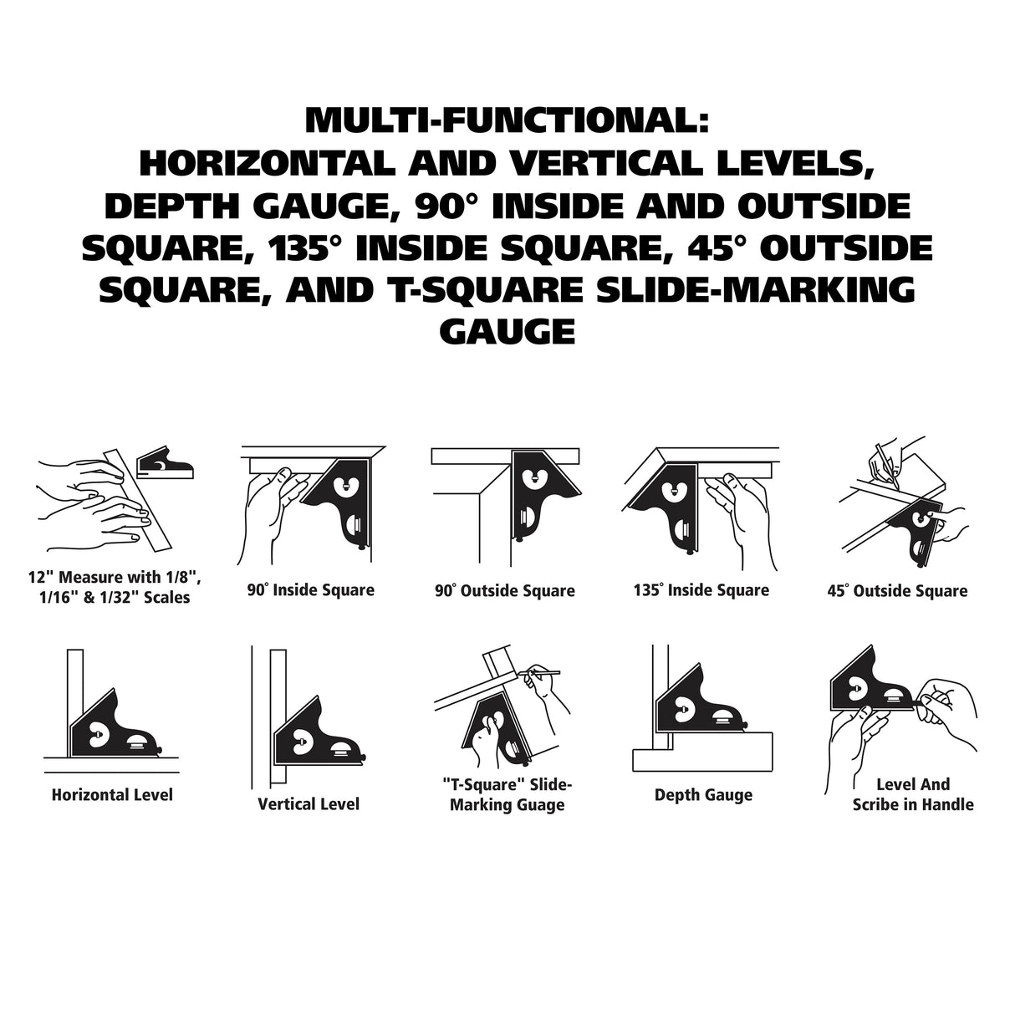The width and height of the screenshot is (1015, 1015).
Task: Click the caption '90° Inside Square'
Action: point(311,590)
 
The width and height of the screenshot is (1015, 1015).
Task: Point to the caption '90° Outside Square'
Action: point(505,590)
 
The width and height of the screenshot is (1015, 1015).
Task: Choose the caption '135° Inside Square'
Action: point(701,590)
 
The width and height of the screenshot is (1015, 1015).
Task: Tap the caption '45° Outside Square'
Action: point(898,590)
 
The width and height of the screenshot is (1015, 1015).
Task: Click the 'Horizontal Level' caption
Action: point(112,794)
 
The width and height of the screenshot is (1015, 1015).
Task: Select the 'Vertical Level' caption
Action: point(309,803)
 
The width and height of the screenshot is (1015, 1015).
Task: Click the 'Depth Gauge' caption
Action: point(703,795)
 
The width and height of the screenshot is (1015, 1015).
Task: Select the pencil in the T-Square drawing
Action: point(538,673)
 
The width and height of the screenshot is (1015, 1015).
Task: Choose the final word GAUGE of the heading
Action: point(507,332)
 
